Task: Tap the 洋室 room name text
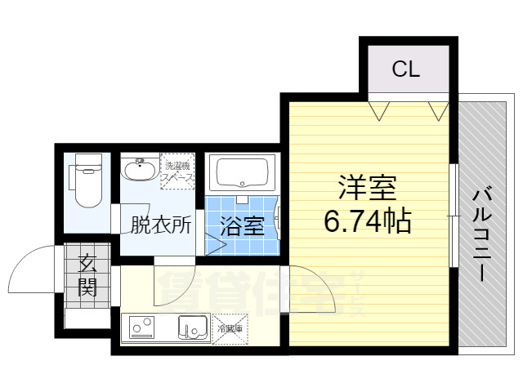pos(368,189)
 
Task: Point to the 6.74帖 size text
pos(368,220)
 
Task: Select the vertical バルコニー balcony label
pos(481,234)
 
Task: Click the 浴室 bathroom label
pos(244,224)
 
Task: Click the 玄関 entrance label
pos(87,274)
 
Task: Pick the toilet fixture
pos(87,181)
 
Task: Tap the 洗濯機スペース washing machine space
pos(177,171)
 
